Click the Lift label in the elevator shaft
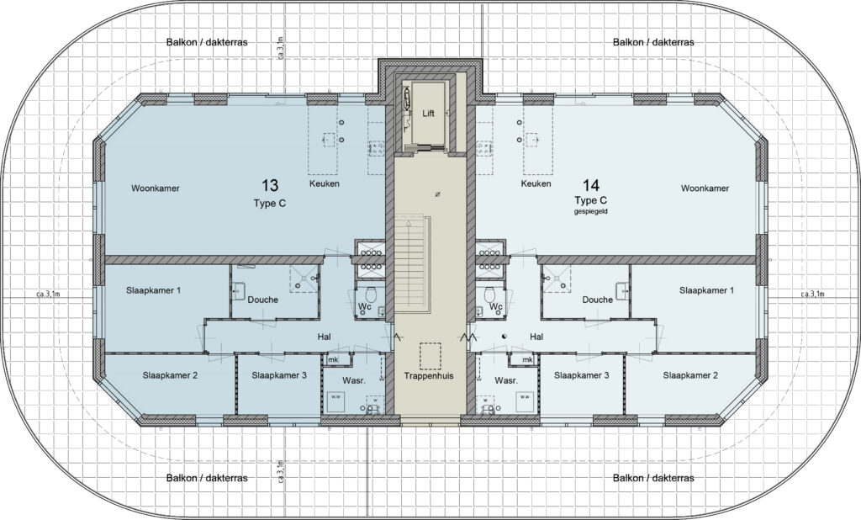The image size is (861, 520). pos(428,114)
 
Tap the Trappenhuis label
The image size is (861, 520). pos(428,376)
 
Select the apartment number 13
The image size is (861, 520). pos(270,185)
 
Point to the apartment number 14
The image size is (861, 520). pos(591,185)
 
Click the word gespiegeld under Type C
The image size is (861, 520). pos(591,212)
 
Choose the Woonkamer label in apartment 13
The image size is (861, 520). pos(156,188)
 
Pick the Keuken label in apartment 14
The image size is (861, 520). pos(536,183)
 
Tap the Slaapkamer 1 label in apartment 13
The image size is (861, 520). pos(153,290)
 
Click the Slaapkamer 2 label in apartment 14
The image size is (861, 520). pos(690,375)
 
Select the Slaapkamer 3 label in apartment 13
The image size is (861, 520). pos(279,375)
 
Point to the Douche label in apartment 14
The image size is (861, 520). pos(598,300)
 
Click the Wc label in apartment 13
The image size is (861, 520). pos(365,306)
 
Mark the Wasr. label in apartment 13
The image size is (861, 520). pos(354,380)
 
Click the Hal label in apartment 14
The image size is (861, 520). pos(536,337)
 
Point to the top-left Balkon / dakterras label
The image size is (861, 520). pos(207,42)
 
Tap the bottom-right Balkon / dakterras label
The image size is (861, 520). pos(653,478)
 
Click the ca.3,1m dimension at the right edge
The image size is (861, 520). pos(813,294)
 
